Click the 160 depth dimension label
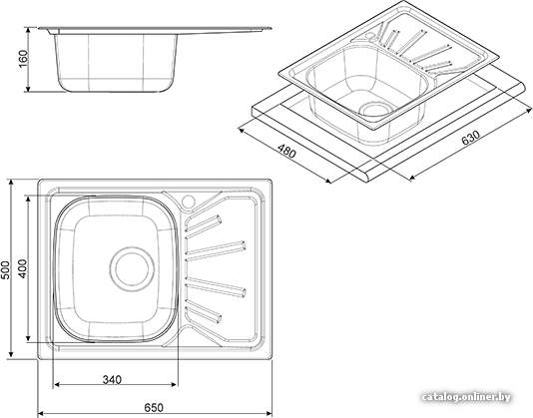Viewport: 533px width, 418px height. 23,59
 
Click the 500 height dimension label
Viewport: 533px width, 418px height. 5,270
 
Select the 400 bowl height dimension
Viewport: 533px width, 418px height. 22,268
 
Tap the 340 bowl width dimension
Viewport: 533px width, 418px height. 112,379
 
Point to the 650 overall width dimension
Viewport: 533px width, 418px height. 154,407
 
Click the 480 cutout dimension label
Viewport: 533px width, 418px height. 286,152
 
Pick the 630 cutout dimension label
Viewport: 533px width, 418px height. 471,138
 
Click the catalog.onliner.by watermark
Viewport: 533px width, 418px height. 466,397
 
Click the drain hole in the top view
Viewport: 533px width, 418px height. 132,268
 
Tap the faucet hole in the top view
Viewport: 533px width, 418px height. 188,202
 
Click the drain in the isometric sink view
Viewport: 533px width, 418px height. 375,110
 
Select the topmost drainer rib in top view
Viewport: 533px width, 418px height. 204,223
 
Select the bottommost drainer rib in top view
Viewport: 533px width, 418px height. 204,311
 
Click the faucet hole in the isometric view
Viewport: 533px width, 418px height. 370,35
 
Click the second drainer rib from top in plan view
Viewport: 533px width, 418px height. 216,251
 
